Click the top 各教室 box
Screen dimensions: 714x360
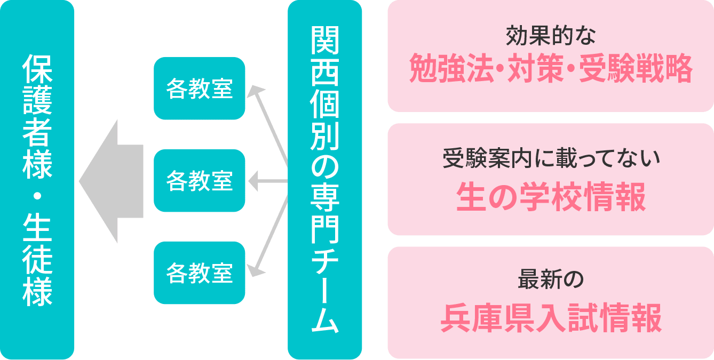(x=199, y=88)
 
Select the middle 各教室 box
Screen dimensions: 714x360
(x=199, y=180)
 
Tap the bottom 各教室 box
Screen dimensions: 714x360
(x=199, y=273)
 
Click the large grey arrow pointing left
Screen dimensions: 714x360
(x=111, y=181)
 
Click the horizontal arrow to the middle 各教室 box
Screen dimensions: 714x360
(x=268, y=181)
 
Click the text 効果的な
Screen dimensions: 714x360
(x=551, y=36)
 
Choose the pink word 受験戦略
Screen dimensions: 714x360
(x=636, y=68)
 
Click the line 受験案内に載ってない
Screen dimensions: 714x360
(x=551, y=158)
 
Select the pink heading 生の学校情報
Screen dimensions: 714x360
(x=551, y=197)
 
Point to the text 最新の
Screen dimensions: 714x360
(x=551, y=279)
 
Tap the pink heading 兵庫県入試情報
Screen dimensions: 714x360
(x=551, y=318)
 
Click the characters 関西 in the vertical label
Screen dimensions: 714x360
(x=324, y=56)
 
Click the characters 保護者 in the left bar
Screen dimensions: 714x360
(x=37, y=100)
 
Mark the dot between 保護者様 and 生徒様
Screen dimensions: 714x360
(x=37, y=196)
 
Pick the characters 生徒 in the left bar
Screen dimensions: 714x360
(x=37, y=243)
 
